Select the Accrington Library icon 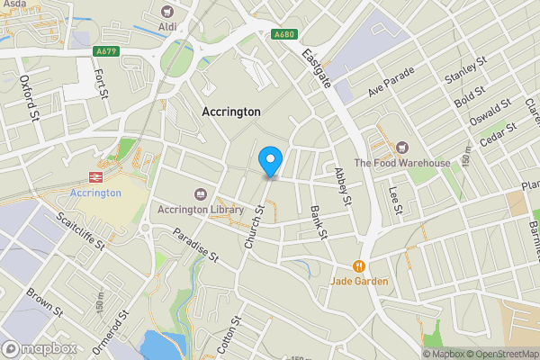[199, 193]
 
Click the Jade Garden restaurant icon [359, 265]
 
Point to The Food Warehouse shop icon [402, 147]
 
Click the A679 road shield [106, 51]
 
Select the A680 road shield [284, 34]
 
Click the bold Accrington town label [230, 112]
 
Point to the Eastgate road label [316, 67]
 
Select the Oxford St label [30, 96]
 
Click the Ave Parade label [389, 86]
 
